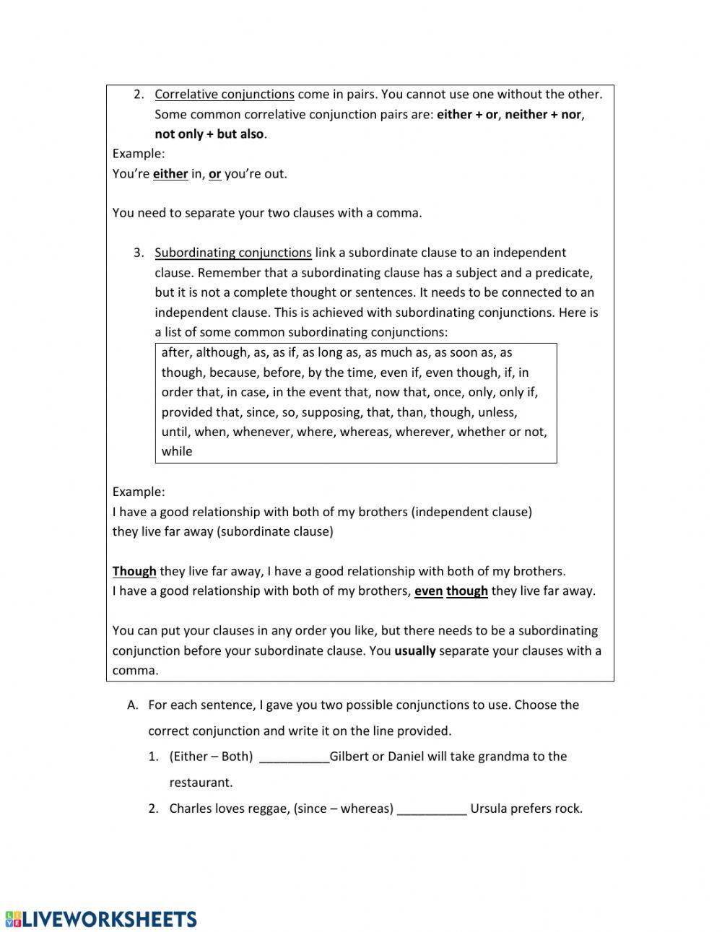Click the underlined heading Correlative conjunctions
point(224,95)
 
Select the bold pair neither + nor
point(543,114)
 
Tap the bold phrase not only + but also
point(209,134)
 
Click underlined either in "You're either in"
point(170,174)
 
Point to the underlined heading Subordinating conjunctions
point(232,253)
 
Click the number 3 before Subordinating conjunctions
point(138,253)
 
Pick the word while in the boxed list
point(177,452)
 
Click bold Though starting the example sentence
point(134,571)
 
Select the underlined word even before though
point(428,591)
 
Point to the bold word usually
point(414,650)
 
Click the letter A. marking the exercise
point(132,705)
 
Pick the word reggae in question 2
point(268,809)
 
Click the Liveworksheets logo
point(101,919)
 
